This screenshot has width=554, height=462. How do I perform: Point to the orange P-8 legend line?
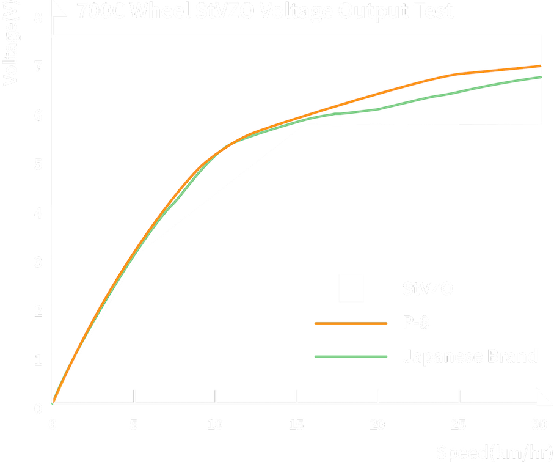[351, 323]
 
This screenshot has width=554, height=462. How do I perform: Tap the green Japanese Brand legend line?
[351, 356]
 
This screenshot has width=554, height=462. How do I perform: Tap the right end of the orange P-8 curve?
[541, 66]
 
